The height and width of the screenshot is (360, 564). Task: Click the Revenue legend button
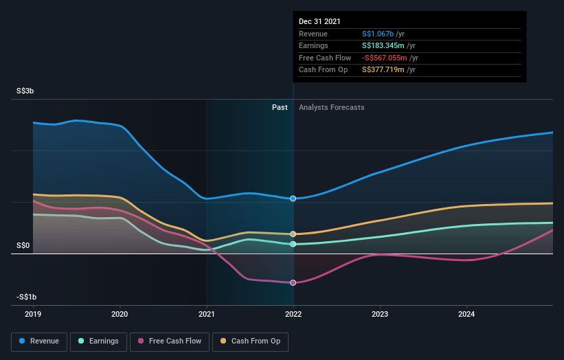[39, 341]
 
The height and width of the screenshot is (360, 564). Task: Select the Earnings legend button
[98, 341]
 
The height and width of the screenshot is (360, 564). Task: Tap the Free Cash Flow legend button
[169, 341]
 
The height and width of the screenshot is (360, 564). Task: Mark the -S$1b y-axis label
[26, 297]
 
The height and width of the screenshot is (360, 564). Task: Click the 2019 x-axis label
[33, 314]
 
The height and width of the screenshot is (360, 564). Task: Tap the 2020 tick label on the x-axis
[120, 314]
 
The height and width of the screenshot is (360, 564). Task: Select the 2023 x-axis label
[380, 314]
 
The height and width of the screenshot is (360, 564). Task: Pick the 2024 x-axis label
[466, 314]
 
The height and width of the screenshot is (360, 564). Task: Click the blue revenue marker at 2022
[293, 199]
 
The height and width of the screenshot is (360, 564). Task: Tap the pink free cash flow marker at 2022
[293, 282]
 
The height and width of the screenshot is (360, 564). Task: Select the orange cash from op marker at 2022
[293, 234]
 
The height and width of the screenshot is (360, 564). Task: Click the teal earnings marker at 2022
[293, 244]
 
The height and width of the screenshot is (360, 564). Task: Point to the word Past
[280, 107]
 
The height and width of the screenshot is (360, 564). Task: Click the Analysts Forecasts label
[331, 107]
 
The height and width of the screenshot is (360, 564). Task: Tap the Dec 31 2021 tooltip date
[319, 22]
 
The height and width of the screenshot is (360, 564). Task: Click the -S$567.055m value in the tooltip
[385, 58]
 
